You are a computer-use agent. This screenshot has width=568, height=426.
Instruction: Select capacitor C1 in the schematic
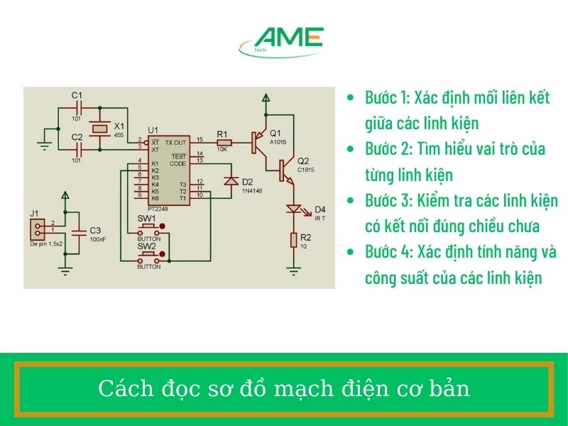pyautogui.click(x=80, y=107)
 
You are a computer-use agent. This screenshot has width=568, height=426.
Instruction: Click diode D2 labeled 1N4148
pyautogui.click(x=230, y=181)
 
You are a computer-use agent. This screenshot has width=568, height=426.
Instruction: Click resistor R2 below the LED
pyautogui.click(x=294, y=240)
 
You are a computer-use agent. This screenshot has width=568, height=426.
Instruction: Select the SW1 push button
pyautogui.click(x=149, y=229)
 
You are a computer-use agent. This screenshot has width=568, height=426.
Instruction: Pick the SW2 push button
pyautogui.click(x=149, y=256)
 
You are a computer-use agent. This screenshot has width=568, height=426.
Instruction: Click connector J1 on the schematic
pyautogui.click(x=36, y=228)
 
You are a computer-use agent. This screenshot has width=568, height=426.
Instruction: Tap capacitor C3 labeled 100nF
pyautogui.click(x=80, y=231)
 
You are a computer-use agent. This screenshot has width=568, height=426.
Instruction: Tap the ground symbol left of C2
pyautogui.click(x=45, y=145)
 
